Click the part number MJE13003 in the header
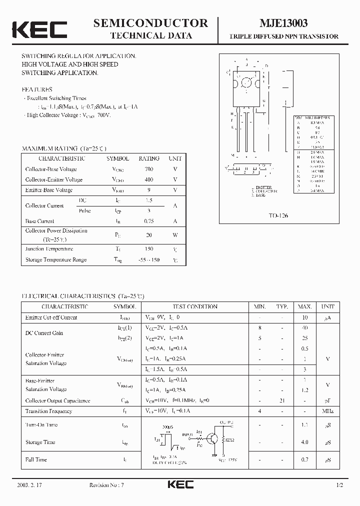pos(283,23)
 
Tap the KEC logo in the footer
pos(179,484)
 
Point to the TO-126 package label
pos(278,215)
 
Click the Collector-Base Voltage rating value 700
pos(148,169)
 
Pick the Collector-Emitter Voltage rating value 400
pos(148,179)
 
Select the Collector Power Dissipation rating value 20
pos(148,235)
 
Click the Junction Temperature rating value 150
pos(148,249)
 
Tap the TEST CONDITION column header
pos(195,306)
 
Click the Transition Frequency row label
pos(48,411)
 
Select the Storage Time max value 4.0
pos(305,442)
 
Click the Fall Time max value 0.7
pos(305,459)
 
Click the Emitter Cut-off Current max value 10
pos(305,317)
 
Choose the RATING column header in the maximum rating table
pos(148,158)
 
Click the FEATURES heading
pos(37,89)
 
